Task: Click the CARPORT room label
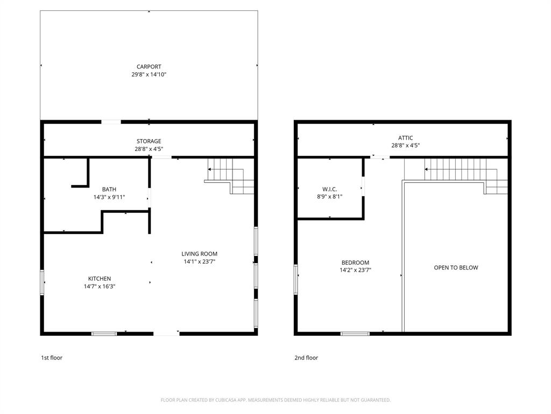click(x=149, y=67)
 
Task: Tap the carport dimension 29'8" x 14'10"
click(x=149, y=75)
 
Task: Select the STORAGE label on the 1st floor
click(x=149, y=141)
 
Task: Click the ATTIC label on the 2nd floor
click(x=402, y=138)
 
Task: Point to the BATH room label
click(x=109, y=189)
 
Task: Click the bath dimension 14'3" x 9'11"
click(x=109, y=197)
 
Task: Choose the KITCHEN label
click(x=100, y=279)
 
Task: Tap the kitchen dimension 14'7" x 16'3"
click(x=100, y=287)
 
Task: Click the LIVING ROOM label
click(x=199, y=254)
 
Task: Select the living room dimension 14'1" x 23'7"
click(x=199, y=262)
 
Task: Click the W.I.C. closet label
click(x=329, y=189)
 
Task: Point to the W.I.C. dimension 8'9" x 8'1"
click(x=329, y=197)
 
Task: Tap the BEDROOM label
click(x=356, y=263)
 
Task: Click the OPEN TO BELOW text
click(x=456, y=267)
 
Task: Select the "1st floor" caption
click(x=52, y=357)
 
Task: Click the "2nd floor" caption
click(x=306, y=357)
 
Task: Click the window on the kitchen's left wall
click(x=42, y=282)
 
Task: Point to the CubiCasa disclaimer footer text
click(x=275, y=400)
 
